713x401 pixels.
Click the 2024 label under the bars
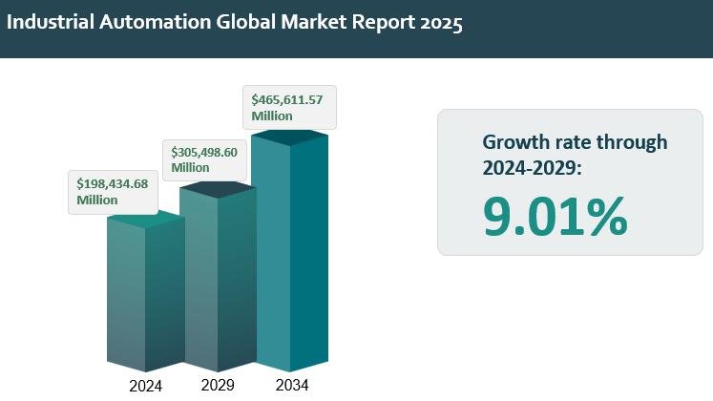[145, 386]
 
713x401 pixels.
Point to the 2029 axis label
[218, 385]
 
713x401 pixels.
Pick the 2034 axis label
[291, 385]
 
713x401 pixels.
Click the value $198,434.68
[113, 183]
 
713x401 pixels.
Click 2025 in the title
[440, 24]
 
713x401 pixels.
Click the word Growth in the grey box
[514, 142]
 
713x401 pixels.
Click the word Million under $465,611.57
[272, 116]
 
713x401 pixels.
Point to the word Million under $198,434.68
[97, 200]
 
